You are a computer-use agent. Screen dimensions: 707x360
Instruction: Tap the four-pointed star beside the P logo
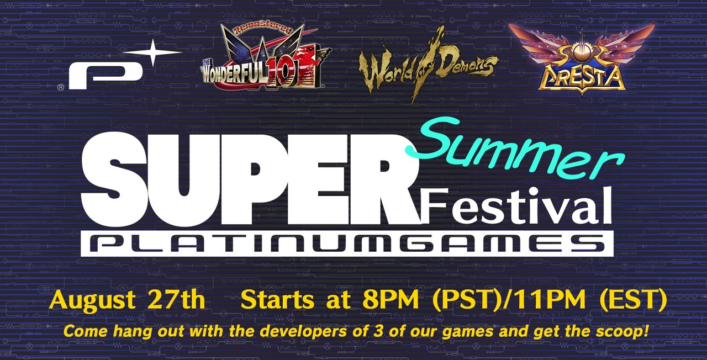(154, 52)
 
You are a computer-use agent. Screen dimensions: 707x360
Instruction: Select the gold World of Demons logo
(428, 66)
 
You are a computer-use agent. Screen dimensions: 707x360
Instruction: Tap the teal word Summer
(514, 149)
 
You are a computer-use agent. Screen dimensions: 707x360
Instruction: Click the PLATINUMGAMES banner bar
(347, 243)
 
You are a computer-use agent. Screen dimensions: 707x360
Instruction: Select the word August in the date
(92, 301)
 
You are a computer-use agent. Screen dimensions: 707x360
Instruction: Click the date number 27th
(178, 299)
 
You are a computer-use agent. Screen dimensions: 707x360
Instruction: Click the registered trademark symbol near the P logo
(61, 88)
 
